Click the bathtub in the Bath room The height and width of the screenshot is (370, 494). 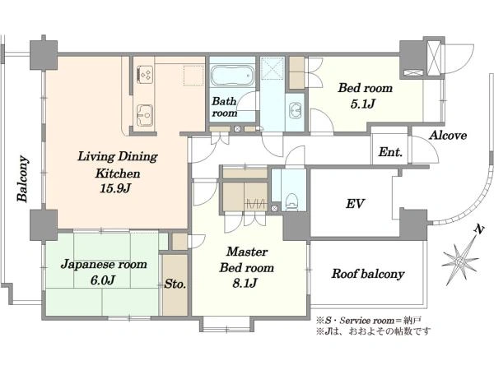pos(232,75)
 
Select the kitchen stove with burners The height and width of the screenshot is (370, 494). pos(145,75)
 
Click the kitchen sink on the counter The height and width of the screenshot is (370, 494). pos(145,115)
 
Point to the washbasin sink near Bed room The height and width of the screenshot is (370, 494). pos(296,110)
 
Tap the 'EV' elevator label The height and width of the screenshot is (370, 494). pos(355,204)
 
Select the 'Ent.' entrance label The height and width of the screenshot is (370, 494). pos(390,152)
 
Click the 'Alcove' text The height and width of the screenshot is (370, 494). pos(448,136)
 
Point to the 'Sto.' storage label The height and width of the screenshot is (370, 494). pos(175,284)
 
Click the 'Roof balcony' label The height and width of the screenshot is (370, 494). pos(368,274)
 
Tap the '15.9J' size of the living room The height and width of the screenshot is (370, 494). pos(115,188)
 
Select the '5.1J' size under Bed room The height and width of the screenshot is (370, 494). pos(362,104)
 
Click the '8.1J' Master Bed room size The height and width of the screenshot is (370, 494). pos(245,284)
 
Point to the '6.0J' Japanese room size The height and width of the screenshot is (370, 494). pos(102,280)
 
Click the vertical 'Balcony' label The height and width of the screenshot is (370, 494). pos(23,178)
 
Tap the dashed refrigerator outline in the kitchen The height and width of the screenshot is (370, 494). pos(193,76)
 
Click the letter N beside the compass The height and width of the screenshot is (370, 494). pos(479,229)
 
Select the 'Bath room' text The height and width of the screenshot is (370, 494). pos(224,107)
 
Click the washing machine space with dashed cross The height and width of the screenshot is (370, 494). pos(273,68)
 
